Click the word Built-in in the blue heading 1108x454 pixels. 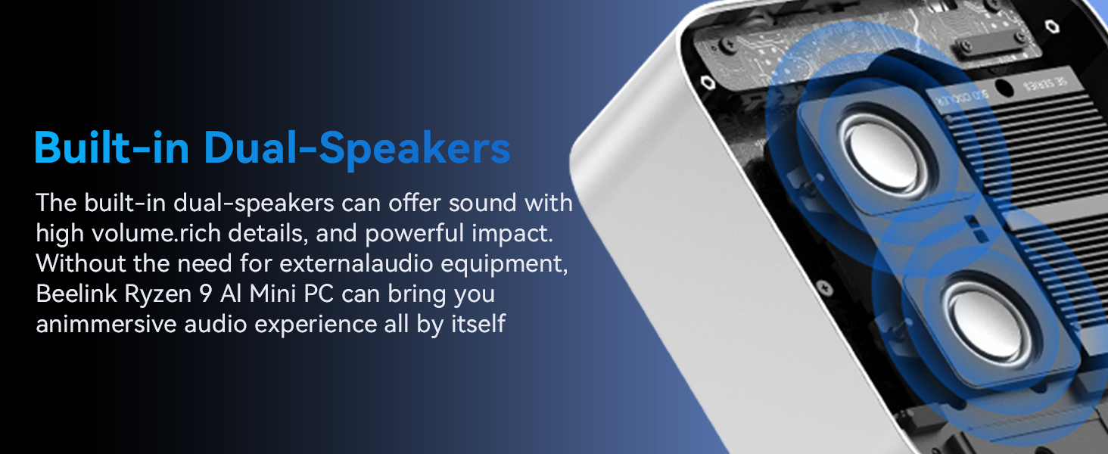coord(111,148)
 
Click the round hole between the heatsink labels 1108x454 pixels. coord(1004,89)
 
